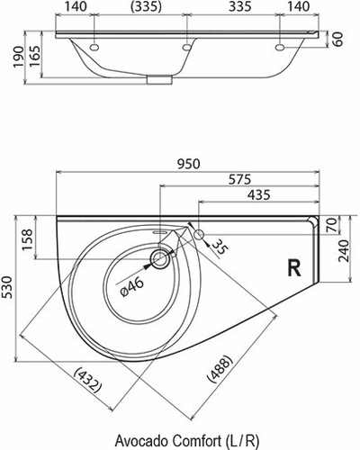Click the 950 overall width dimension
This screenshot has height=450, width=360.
click(188, 165)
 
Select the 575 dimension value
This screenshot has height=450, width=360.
click(239, 180)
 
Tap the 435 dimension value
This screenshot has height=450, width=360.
click(259, 195)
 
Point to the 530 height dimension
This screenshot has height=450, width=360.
click(7, 287)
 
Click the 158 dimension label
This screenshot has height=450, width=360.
click(27, 240)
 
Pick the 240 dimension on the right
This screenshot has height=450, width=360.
click(344, 251)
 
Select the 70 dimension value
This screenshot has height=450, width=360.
click(332, 225)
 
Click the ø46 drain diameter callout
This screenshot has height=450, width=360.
click(133, 286)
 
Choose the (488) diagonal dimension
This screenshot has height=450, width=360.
click(220, 368)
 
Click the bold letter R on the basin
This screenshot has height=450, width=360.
click(294, 267)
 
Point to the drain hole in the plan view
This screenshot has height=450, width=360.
click(160, 259)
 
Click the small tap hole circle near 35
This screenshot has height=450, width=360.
click(199, 234)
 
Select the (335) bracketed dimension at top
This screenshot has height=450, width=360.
click(147, 6)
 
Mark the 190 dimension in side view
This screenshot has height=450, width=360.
click(19, 57)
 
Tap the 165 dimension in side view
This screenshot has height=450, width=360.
click(34, 57)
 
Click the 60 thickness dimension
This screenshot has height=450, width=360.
click(337, 39)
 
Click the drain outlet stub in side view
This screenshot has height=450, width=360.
click(159, 79)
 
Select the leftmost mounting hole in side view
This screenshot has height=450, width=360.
click(94, 47)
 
